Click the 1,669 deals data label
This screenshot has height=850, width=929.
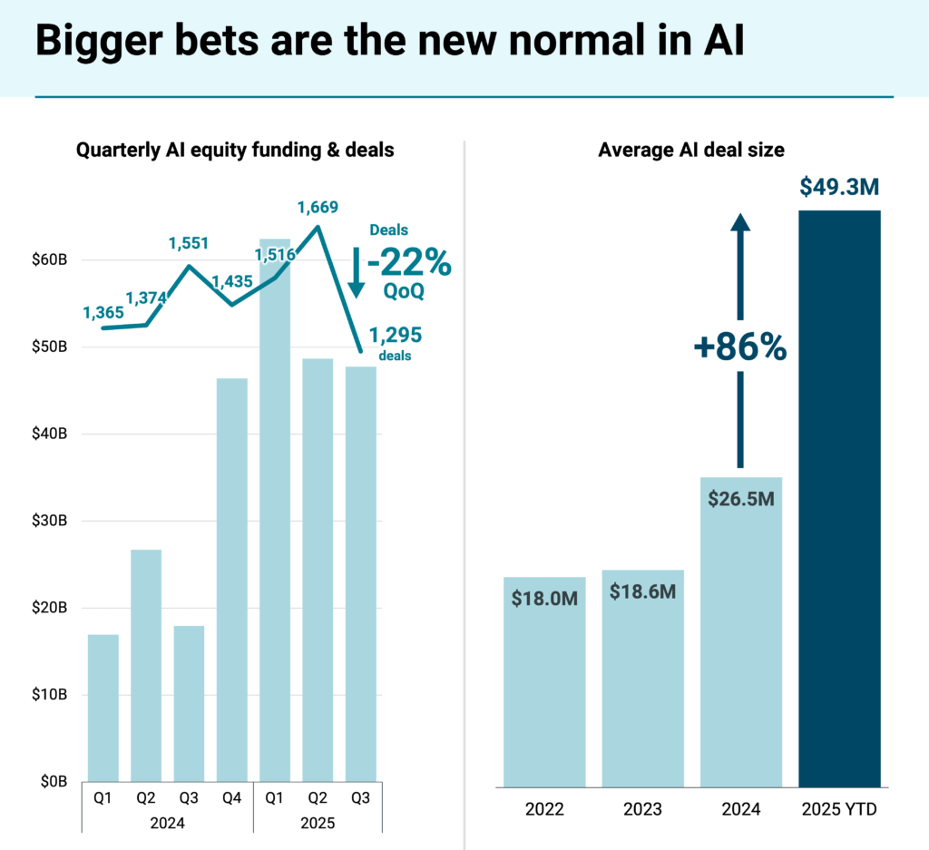(318, 207)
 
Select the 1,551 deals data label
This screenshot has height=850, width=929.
(190, 243)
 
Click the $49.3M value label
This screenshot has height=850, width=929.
(839, 187)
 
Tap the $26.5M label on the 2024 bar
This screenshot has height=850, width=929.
(742, 498)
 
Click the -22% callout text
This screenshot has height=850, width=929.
(413, 263)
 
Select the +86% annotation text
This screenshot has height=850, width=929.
(740, 348)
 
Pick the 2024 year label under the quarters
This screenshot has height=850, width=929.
(167, 823)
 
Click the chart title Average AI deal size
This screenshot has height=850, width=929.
(691, 151)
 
